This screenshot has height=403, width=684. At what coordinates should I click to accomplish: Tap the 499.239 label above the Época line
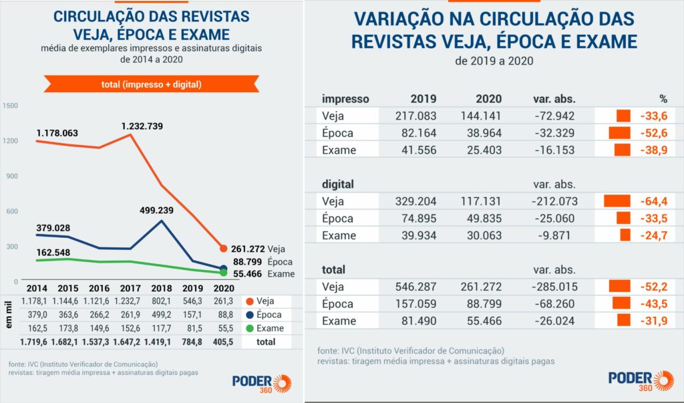160,209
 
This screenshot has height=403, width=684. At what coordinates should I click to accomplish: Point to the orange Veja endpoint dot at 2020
223,249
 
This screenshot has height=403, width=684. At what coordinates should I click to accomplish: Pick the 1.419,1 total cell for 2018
161,341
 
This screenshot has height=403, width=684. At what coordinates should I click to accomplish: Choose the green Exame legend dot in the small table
249,328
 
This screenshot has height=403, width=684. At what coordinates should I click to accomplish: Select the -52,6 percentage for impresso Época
653,133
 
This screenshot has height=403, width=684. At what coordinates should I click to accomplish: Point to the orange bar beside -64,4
617,200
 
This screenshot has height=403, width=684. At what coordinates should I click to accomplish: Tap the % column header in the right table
663,99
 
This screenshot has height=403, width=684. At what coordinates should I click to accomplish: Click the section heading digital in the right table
338,184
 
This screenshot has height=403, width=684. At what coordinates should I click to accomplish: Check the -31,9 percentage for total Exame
653,321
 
